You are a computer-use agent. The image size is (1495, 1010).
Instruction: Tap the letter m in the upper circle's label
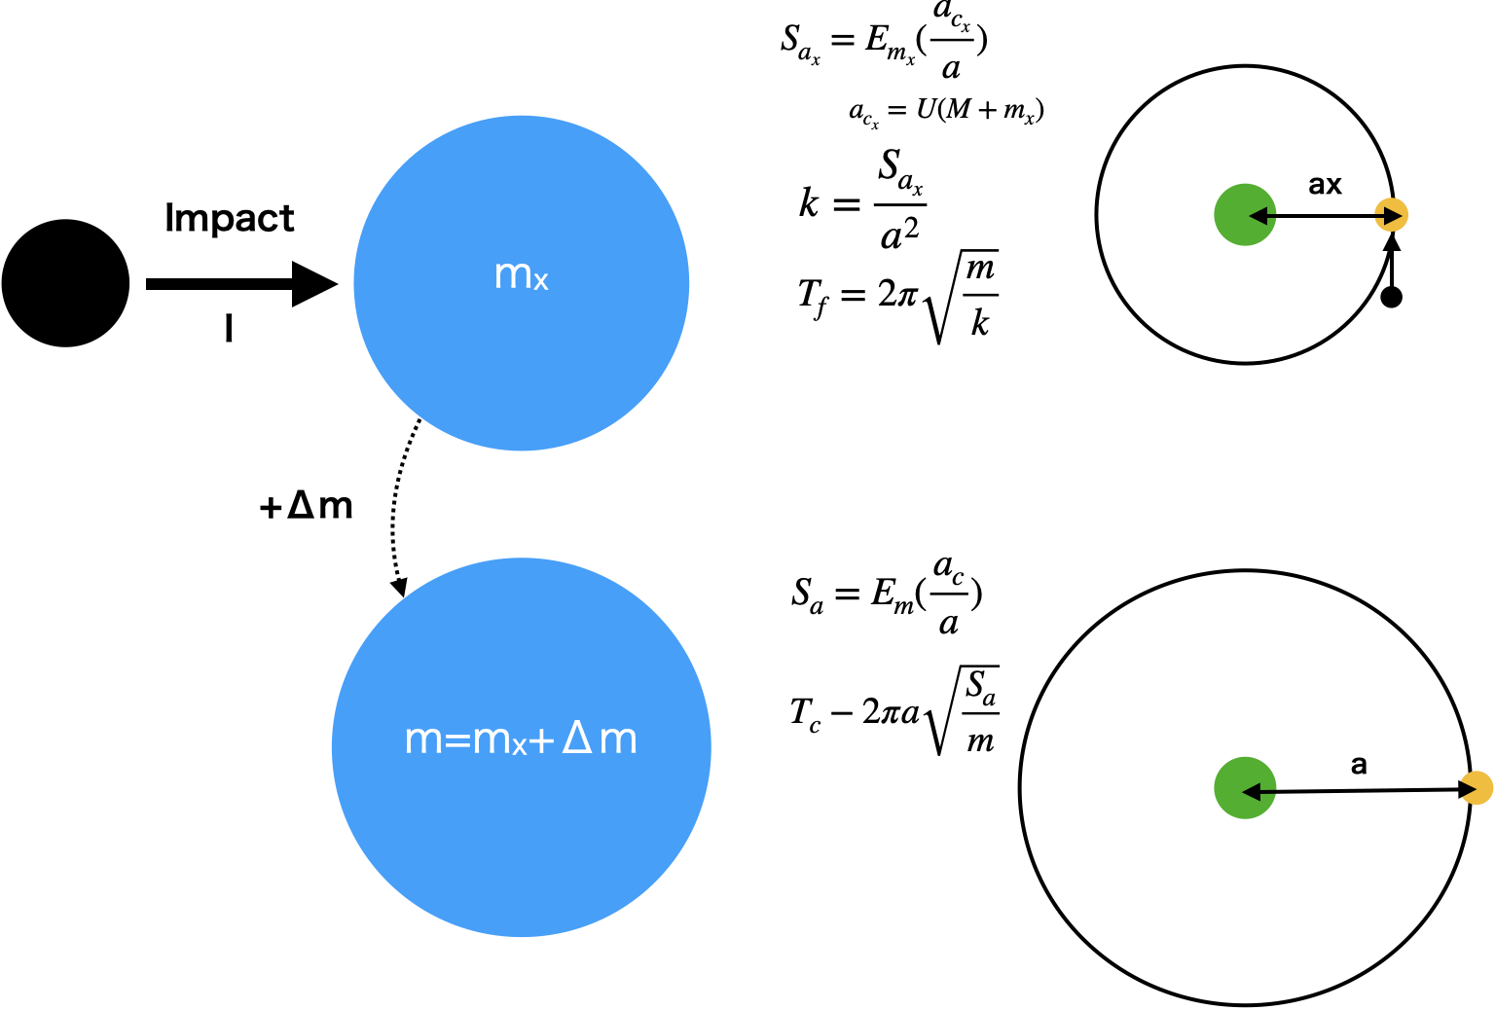coord(512,274)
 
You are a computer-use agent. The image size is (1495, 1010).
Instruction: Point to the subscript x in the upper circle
coord(541,282)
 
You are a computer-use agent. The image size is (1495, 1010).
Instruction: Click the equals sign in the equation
coord(456,740)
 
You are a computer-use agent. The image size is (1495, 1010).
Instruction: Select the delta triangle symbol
coord(577,738)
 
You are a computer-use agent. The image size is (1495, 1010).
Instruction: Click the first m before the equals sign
coord(423,740)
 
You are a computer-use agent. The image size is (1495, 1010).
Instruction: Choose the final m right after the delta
coord(618,740)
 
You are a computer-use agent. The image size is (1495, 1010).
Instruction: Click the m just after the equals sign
coord(492,740)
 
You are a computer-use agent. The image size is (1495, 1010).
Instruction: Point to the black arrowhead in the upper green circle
coord(1258,215)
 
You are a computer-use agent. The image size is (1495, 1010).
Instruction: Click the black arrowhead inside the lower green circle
coord(1252,792)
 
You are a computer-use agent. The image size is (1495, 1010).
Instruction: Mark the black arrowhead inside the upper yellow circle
coord(1394,215)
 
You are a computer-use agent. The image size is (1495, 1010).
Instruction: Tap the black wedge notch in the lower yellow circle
coord(1468,788)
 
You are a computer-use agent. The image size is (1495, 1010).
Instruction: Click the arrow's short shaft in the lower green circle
coord(1268,791)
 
